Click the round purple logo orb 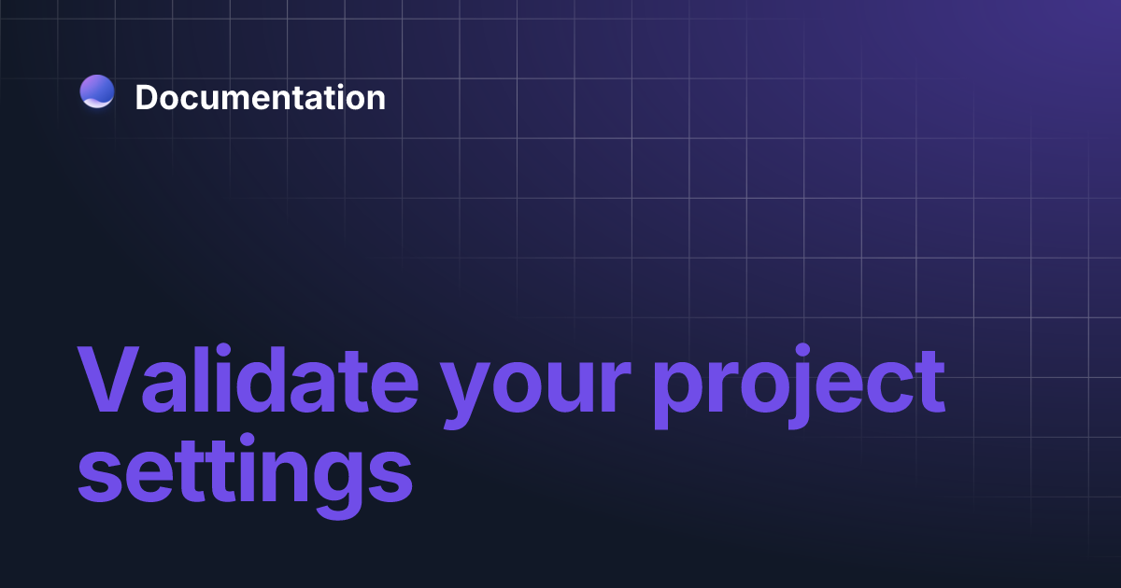point(97,91)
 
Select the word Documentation point(260,97)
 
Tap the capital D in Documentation point(148,97)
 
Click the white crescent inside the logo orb point(97,102)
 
